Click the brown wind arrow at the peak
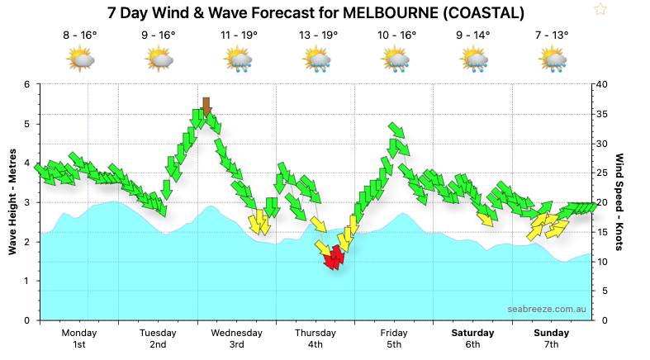point(206,107)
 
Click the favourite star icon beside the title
point(600,10)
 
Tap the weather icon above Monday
point(79,59)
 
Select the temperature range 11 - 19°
point(239,36)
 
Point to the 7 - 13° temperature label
point(551,36)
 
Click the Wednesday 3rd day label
point(236,339)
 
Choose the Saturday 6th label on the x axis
point(472,339)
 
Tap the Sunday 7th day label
point(551,339)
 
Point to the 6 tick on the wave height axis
point(27,84)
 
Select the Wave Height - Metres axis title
point(12,202)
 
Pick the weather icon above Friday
point(395,59)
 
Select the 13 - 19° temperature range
point(318,36)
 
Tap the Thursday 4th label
point(316,339)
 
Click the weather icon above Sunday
point(552,59)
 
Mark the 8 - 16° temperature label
point(79,36)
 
